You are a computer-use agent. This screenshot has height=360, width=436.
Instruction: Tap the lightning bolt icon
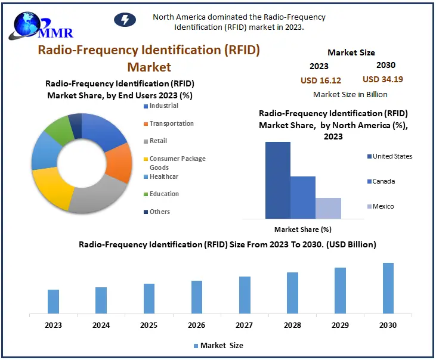(x=125, y=20)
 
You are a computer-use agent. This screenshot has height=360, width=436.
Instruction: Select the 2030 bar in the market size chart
(x=388, y=288)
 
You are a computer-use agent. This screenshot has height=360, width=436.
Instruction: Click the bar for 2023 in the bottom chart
(x=54, y=301)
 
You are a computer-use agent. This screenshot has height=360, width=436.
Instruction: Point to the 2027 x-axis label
(x=245, y=325)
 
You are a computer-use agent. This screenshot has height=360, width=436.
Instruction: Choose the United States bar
(x=278, y=180)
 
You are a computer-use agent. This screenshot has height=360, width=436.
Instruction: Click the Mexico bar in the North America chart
(x=328, y=208)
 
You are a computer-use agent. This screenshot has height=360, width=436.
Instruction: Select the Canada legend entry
(x=384, y=181)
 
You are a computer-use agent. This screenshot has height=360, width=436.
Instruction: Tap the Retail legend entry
(x=158, y=141)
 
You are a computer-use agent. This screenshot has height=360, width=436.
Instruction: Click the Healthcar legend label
(x=163, y=176)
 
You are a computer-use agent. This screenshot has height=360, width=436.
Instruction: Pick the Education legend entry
(x=163, y=194)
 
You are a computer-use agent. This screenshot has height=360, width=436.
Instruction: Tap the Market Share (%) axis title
(x=302, y=229)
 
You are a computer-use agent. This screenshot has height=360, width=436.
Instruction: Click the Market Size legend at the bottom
(x=218, y=345)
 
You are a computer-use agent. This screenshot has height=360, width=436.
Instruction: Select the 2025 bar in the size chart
(x=149, y=298)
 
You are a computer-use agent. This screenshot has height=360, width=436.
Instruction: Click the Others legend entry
(x=159, y=212)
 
